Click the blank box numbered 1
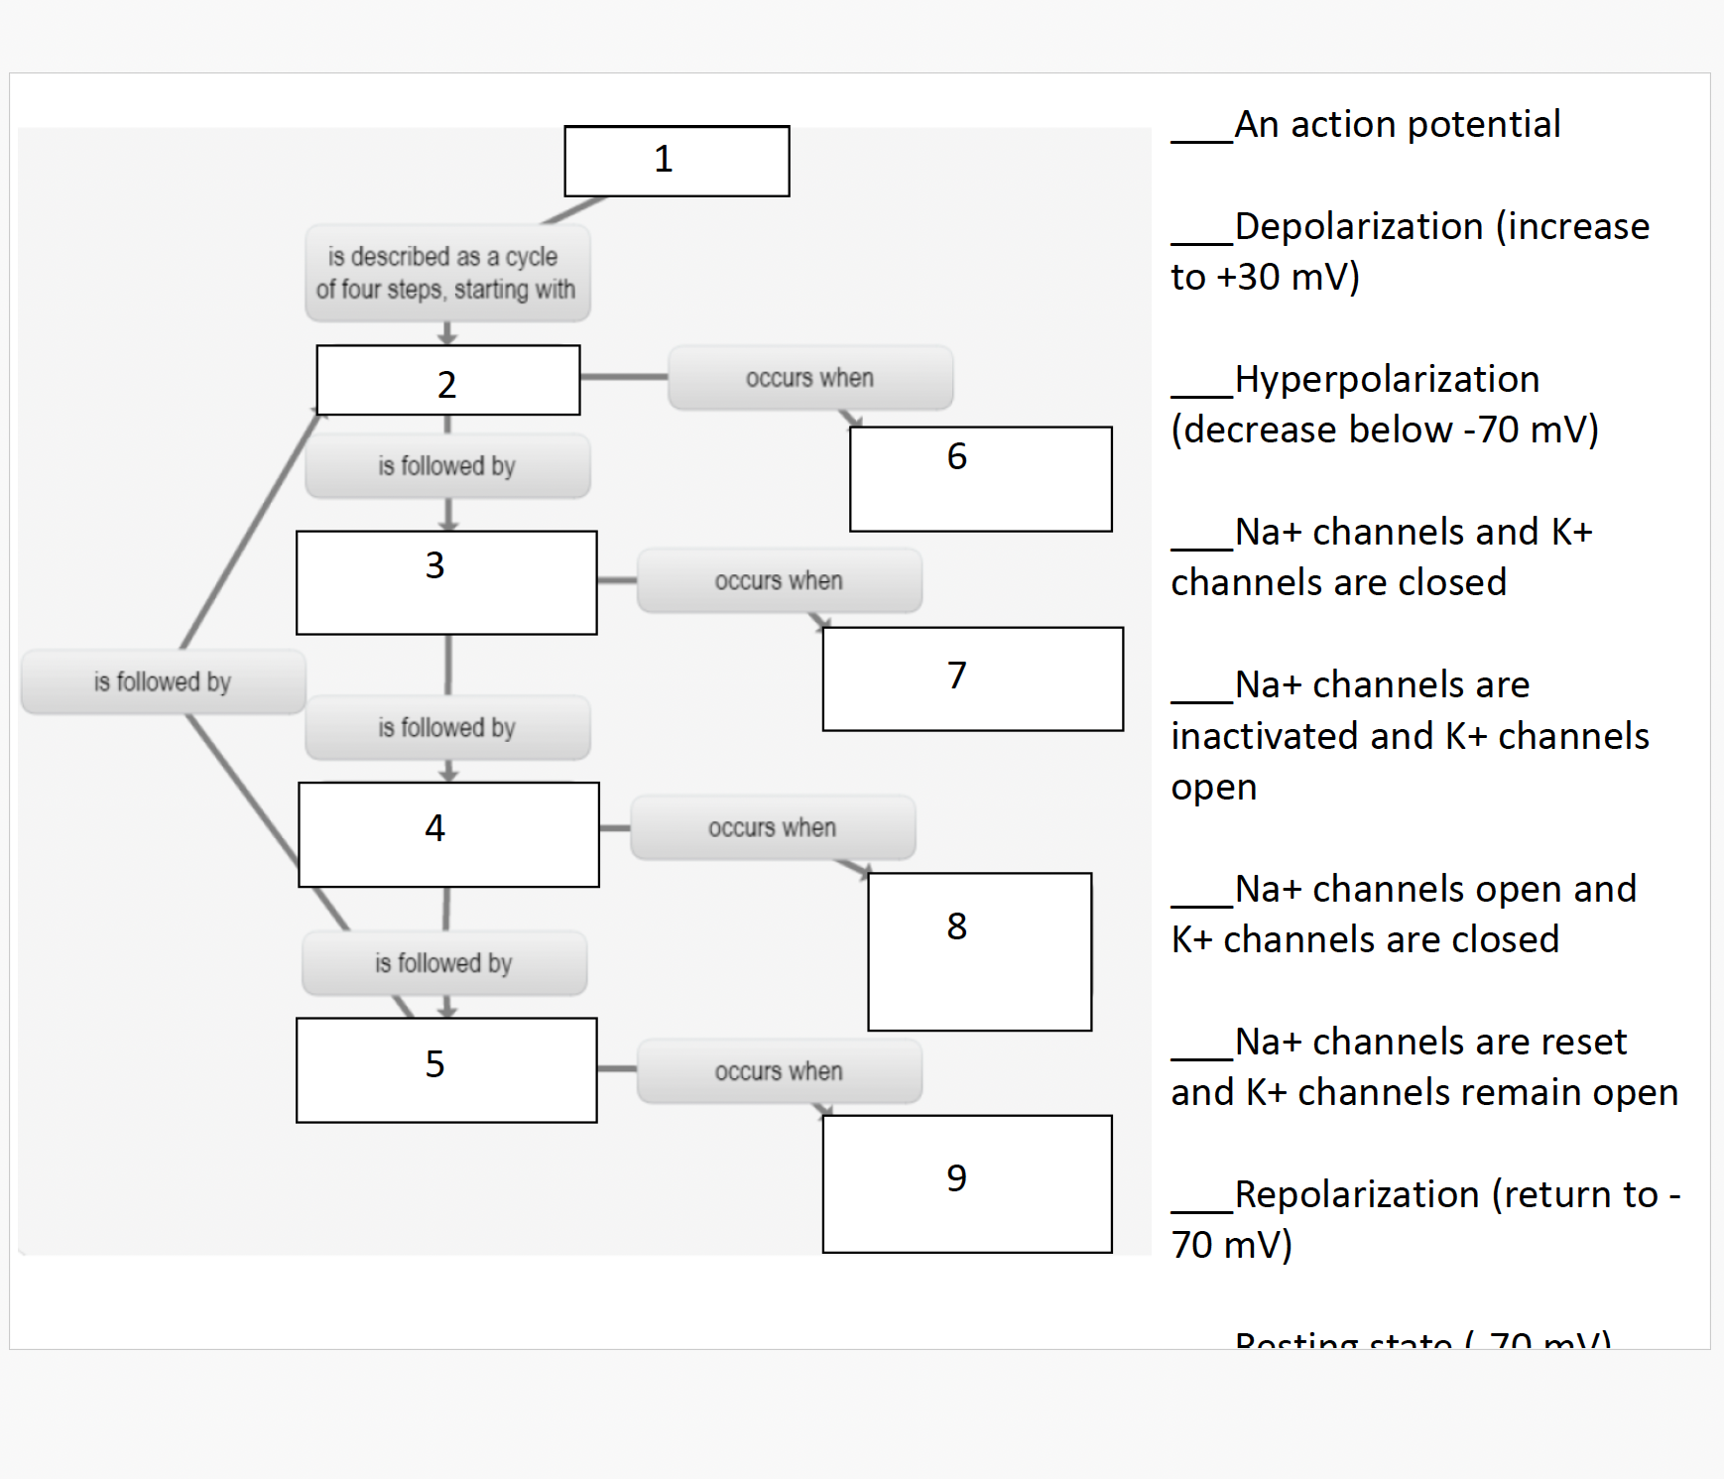[677, 161]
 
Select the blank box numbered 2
[447, 380]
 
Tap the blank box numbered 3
[446, 582]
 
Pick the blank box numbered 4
[448, 834]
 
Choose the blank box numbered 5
[446, 1069]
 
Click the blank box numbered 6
[980, 479]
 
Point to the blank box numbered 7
[972, 678]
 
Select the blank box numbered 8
[979, 951]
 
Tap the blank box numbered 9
[966, 1183]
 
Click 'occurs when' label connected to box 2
[809, 378]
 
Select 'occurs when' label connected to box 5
[779, 1071]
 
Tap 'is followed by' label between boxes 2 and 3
[446, 465]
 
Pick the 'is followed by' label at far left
[163, 681]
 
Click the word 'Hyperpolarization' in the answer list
[1387, 379]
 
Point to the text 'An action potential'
[1397, 125]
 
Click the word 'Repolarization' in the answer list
[1359, 1194]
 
